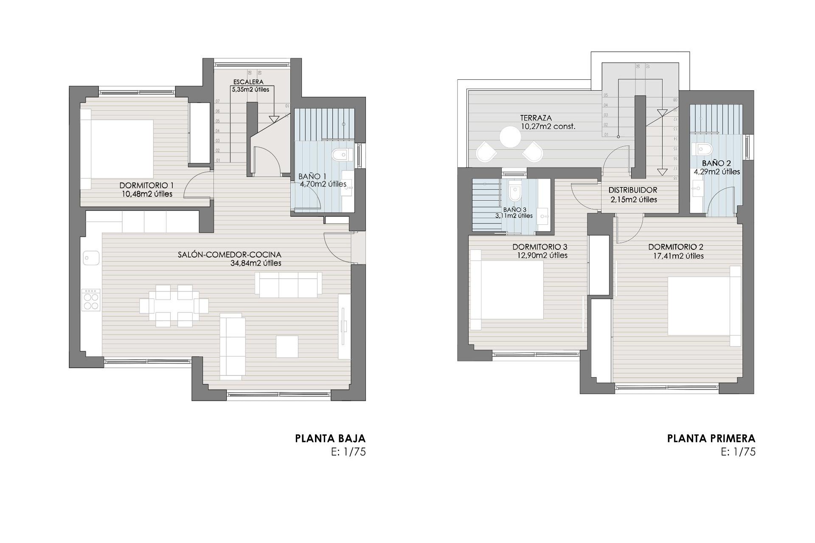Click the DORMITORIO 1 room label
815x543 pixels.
(x=146, y=185)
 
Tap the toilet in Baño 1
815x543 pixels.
(x=343, y=156)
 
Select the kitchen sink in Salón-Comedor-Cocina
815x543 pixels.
(x=91, y=258)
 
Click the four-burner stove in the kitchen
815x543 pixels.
(x=91, y=300)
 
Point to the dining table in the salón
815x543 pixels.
(x=174, y=306)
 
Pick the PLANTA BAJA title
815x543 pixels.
(x=330, y=438)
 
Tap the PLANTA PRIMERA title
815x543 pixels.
(x=711, y=438)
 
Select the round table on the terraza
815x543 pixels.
(x=510, y=137)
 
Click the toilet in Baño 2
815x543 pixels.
(x=702, y=148)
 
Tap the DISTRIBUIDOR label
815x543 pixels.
(x=632, y=190)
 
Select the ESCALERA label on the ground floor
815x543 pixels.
(x=248, y=82)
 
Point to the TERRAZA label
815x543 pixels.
(x=536, y=118)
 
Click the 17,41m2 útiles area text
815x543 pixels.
(x=678, y=256)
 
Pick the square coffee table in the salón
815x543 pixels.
(x=287, y=346)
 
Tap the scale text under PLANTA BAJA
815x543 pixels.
(x=348, y=452)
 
